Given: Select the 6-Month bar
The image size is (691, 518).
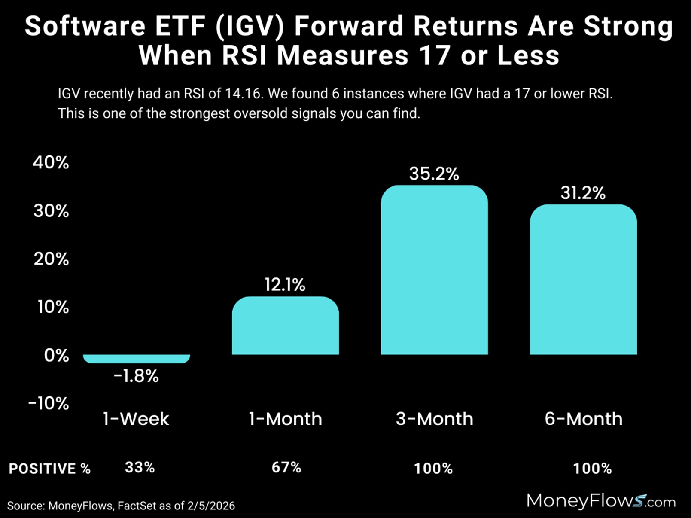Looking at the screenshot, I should [583, 279].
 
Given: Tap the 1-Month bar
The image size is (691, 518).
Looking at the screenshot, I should [285, 326].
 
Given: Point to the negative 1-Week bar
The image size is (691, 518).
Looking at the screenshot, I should [137, 359].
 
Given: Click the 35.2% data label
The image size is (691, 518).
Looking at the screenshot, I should [434, 174].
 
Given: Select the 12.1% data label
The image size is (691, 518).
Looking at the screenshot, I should [285, 285].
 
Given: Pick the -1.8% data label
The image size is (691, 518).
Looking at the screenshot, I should [136, 376].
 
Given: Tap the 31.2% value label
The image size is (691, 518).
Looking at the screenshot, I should [583, 193].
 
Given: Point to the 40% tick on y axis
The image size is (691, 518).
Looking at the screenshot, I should [51, 162].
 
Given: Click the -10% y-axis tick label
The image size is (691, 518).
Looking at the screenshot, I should [49, 403].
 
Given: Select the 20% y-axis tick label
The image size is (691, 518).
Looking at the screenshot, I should [51, 259].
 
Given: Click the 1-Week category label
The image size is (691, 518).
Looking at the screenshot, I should [136, 419].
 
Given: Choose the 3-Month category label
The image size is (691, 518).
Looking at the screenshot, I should [434, 419].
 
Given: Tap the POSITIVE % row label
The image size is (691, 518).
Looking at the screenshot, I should [50, 469].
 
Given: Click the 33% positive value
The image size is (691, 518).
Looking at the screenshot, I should [140, 467].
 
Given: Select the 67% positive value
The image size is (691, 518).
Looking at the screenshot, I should [286, 467].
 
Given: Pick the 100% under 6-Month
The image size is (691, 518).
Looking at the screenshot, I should [592, 469].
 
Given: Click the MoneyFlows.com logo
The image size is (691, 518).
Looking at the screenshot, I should [600, 501].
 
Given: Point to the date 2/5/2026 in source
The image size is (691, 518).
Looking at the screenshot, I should [211, 506].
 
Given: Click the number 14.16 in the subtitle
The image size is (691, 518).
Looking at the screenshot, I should [243, 94].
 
